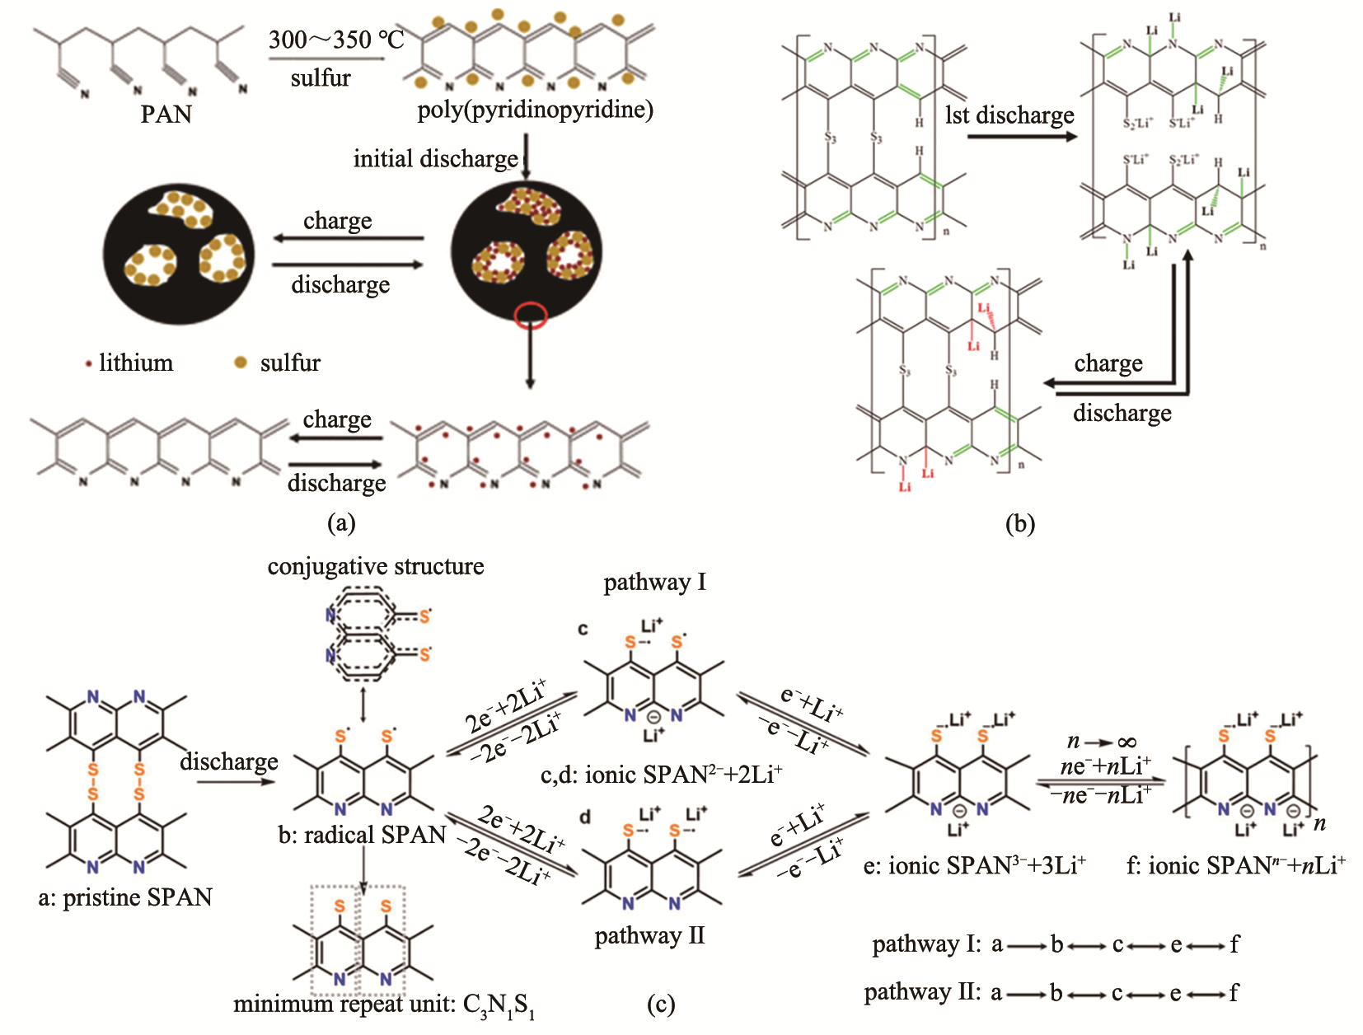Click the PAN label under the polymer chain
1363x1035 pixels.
(166, 114)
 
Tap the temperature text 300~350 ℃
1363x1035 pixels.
(336, 40)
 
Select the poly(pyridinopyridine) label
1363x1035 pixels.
(535, 110)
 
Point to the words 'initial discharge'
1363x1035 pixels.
(436, 158)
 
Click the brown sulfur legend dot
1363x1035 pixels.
(241, 363)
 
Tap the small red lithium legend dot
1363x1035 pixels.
(88, 363)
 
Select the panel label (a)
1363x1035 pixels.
(341, 522)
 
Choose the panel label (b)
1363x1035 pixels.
(1019, 523)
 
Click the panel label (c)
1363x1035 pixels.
(662, 1004)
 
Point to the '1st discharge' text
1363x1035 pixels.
(1009, 115)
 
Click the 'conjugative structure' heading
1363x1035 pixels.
(376, 566)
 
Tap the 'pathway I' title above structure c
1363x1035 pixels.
(654, 583)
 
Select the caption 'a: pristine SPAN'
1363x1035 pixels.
(125, 897)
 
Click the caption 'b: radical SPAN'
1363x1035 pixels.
(362, 836)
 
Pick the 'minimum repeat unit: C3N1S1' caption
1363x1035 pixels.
(384, 1005)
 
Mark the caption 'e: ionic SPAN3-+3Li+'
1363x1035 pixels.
(975, 865)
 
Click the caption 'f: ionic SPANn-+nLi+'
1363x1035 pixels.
(1235, 865)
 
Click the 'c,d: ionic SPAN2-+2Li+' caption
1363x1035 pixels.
(661, 775)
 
